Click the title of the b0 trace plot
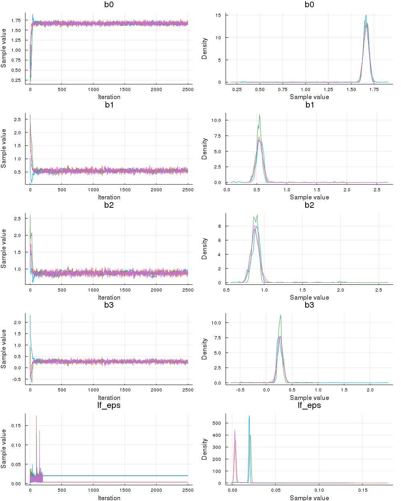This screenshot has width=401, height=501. [109, 5]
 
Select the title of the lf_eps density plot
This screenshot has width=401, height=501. [309, 406]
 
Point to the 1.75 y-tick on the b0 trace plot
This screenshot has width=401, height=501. [16, 20]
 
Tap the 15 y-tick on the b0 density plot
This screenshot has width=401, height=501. [218, 15]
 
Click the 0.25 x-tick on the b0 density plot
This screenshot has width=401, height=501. [237, 89]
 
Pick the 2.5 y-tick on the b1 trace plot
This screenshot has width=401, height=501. [18, 120]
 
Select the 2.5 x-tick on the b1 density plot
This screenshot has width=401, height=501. [377, 190]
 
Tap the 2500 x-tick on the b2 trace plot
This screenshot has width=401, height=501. [188, 290]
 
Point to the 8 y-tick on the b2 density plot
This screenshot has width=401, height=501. [220, 226]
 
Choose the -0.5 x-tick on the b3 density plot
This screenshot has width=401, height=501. [240, 390]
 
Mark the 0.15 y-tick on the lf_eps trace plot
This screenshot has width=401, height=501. [16, 426]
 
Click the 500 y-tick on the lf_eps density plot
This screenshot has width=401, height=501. [217, 423]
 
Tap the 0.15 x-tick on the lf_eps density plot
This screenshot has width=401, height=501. [363, 490]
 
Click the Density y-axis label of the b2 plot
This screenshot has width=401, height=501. [205, 249]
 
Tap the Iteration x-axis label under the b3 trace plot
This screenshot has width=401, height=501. [109, 398]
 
